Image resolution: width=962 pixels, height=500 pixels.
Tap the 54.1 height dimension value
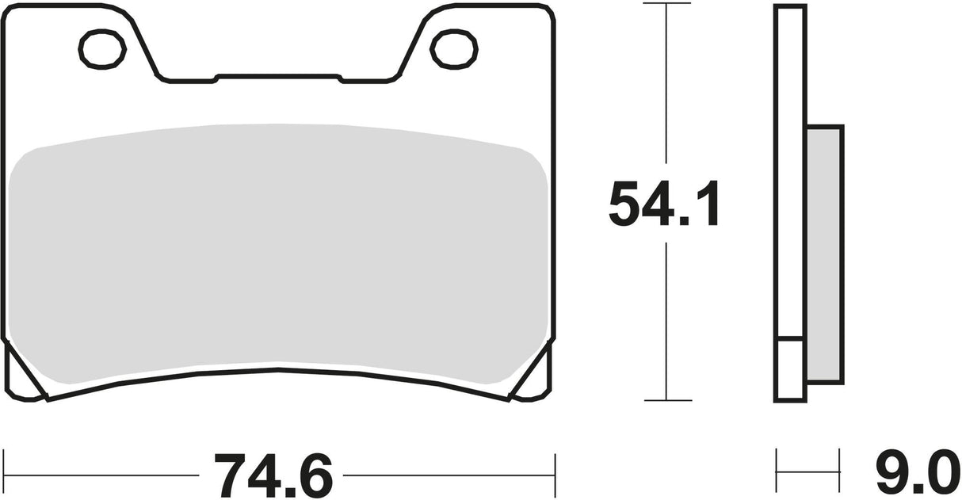pyautogui.click(x=665, y=204)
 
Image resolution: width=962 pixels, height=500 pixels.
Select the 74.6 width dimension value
pyautogui.click(x=270, y=475)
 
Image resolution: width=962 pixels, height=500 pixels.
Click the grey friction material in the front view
pyautogui.click(x=277, y=254)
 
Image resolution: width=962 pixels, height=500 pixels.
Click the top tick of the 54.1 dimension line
pyautogui.click(x=666, y=4)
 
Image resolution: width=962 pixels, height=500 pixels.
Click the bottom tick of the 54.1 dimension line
pyautogui.click(x=666, y=400)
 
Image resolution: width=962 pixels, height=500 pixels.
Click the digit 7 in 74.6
pyautogui.click(x=227, y=475)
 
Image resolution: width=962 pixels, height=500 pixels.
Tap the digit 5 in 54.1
pyautogui.click(x=624, y=204)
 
